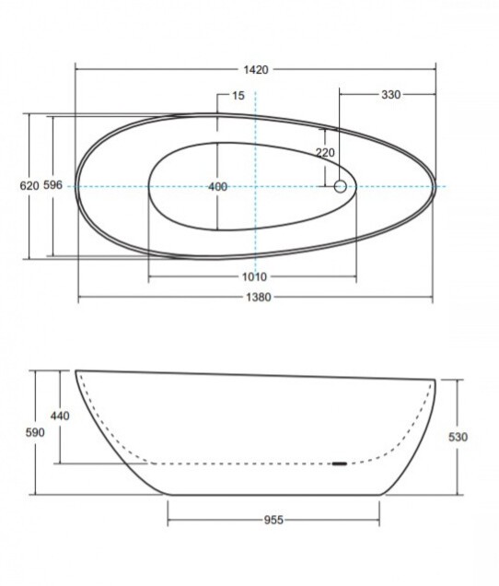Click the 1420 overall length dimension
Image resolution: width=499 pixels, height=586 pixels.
(255, 70)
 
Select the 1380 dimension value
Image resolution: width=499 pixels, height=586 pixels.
(255, 298)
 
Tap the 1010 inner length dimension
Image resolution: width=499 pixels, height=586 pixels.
(255, 276)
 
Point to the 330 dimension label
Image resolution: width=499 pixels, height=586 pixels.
(391, 94)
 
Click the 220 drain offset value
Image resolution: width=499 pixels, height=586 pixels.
(325, 152)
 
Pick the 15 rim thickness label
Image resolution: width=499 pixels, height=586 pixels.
(238, 95)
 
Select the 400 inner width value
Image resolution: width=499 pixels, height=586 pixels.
(217, 187)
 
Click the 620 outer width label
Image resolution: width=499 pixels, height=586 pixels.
(29, 186)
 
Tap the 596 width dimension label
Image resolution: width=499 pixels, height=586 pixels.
(53, 186)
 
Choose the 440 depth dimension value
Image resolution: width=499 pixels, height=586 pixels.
(60, 416)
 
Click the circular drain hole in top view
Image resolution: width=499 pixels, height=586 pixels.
(341, 187)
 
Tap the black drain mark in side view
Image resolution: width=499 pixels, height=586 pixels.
(339, 463)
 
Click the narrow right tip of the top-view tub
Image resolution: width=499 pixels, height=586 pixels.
(435, 187)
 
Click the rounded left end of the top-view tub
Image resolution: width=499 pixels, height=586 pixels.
(78, 185)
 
